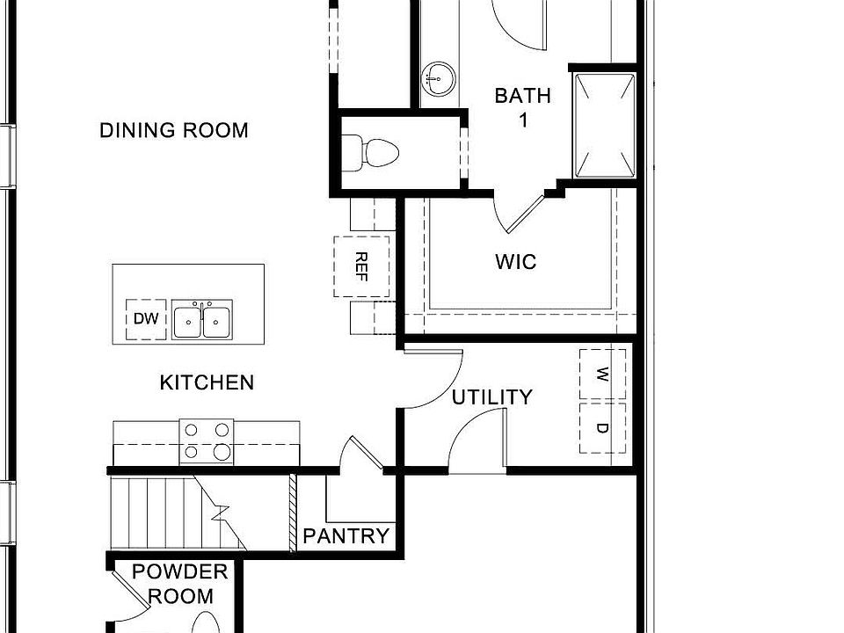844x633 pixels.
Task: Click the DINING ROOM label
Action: tap(174, 131)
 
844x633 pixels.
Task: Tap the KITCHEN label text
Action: tap(207, 382)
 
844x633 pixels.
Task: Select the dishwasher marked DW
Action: tap(146, 319)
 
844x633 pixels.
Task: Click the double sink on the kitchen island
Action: tap(202, 321)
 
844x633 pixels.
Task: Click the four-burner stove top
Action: tap(206, 441)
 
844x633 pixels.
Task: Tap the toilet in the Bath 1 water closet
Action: tap(371, 153)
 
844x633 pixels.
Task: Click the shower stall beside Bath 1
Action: tap(605, 124)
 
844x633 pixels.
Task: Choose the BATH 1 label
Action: tap(522, 107)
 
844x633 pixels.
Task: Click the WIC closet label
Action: tap(515, 262)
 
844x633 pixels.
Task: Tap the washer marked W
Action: tap(603, 375)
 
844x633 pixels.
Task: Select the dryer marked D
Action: tap(603, 428)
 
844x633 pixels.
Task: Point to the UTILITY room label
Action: tap(491, 397)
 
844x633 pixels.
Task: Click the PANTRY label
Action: tap(346, 536)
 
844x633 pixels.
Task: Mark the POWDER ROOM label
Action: tap(179, 584)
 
